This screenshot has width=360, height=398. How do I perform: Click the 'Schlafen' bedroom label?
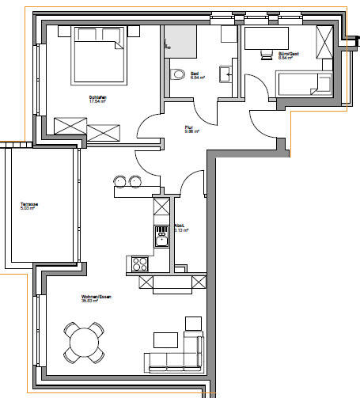click(x=97, y=97)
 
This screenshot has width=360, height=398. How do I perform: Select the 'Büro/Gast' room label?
click(x=290, y=54)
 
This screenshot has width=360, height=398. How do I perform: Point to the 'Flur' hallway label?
click(x=189, y=127)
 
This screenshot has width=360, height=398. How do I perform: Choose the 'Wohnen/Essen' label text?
click(x=88, y=298)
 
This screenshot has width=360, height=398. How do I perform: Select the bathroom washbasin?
click(x=226, y=76)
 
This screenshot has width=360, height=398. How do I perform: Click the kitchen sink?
click(x=161, y=237)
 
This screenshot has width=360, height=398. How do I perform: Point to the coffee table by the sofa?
click(x=165, y=339)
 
